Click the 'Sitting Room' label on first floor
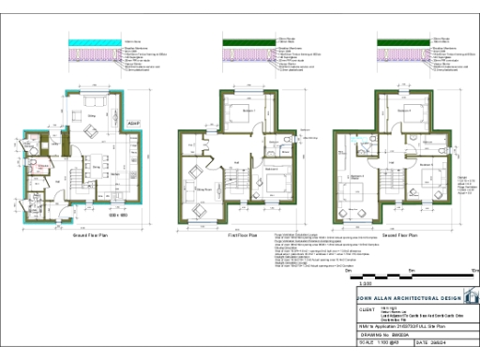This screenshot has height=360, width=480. tap(201, 188)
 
